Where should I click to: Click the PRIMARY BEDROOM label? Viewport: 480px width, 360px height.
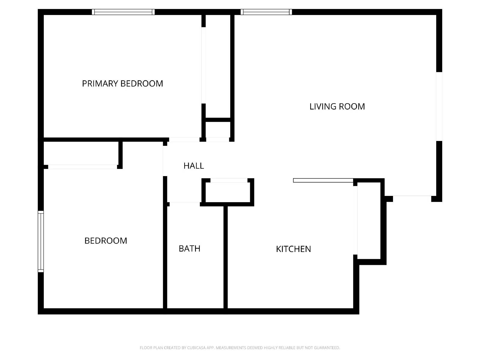coord(122,83)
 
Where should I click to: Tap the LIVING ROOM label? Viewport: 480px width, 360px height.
coord(337,106)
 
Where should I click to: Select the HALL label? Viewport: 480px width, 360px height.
coord(193,166)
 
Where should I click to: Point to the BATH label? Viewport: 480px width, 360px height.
coord(189,248)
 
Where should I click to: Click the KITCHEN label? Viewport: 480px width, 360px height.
coord(293,249)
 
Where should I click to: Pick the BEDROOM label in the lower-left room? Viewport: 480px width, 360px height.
coord(106,241)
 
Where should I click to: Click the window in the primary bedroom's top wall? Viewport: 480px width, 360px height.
coord(123,12)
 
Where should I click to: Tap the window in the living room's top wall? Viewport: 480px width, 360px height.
coord(266,12)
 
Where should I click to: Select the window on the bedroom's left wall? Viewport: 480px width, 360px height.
coord(41,241)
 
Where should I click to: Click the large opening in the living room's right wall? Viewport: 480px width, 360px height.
coord(439,106)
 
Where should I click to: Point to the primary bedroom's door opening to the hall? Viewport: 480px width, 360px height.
coord(184,139)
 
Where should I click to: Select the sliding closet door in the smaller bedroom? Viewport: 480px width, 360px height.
coord(82,167)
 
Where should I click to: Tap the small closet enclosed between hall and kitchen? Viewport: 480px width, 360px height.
coord(228,192)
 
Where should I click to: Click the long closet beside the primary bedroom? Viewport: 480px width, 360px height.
coord(218,66)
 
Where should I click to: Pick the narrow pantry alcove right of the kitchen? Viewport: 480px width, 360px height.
coord(369,220)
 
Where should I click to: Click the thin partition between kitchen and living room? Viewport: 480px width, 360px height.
coord(323,180)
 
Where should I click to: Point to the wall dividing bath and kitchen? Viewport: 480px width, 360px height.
coord(226,256)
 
